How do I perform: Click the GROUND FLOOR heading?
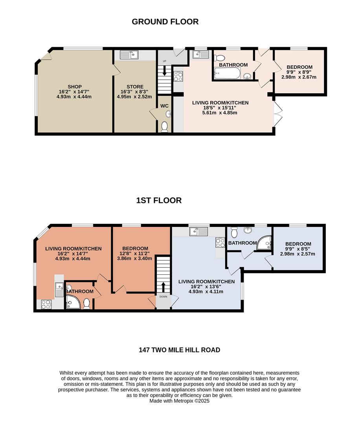[x=165, y=22]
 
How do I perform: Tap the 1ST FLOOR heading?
[x=159, y=200]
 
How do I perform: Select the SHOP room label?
[x=75, y=87]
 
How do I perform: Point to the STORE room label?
[x=135, y=87]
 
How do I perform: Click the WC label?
[x=164, y=106]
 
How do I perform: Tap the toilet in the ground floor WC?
[x=164, y=127]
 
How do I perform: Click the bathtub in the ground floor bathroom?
[x=227, y=73]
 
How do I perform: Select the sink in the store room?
[x=129, y=55]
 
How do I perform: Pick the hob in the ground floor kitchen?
[x=178, y=76]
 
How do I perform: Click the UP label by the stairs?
[x=164, y=61]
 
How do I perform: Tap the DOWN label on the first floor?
[x=163, y=297]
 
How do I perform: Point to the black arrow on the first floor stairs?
[x=163, y=288]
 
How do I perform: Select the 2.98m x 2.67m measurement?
[x=299, y=77]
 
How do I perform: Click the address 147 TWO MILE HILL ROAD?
[x=180, y=350]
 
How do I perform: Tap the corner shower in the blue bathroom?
[x=264, y=243]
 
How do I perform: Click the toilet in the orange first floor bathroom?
[x=86, y=303]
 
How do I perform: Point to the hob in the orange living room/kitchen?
[x=46, y=305]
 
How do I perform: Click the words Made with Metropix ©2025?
[x=180, y=401]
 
